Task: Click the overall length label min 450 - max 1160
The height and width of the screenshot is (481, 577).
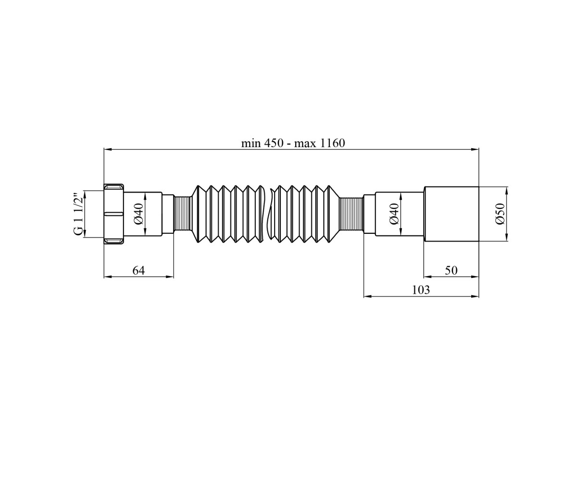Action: (293, 143)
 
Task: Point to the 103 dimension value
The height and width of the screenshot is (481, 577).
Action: (421, 290)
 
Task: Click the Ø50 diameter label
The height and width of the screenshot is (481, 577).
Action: (500, 214)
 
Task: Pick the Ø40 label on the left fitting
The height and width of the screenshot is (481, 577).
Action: (139, 214)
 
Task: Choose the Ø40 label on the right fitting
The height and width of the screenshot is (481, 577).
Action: (394, 214)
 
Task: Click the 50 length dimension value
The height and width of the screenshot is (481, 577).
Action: (451, 270)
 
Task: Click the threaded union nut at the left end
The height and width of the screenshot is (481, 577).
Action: (114, 214)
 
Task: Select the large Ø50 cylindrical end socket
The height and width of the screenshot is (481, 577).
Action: (452, 214)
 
